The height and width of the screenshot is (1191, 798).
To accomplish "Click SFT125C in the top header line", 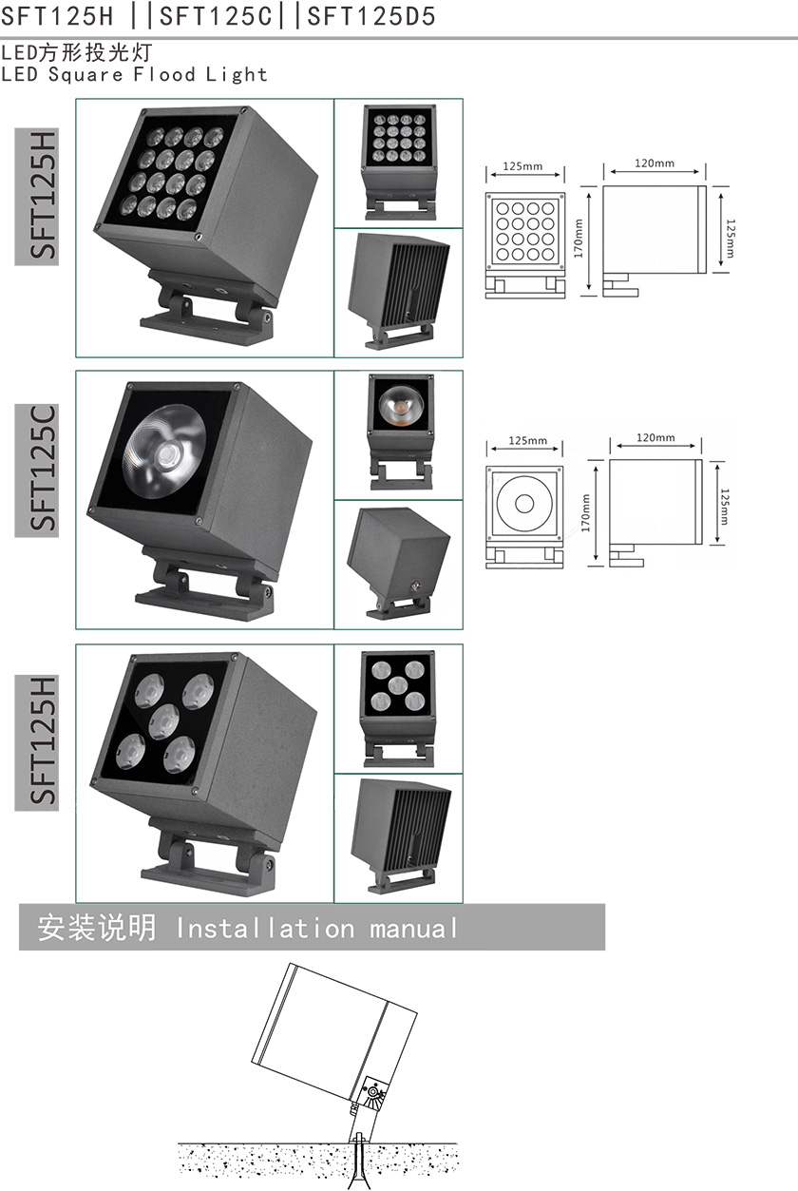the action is (216, 16).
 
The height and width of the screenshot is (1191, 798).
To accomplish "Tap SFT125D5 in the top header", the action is (370, 16).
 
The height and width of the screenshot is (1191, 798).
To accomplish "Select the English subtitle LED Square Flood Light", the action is (134, 74).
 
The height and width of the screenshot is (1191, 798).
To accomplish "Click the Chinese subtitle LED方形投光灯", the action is (77, 52).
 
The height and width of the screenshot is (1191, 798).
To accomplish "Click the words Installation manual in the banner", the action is (316, 929).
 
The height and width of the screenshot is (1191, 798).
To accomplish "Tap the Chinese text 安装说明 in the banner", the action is (97, 929).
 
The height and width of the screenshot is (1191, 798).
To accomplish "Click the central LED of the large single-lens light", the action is (168, 454).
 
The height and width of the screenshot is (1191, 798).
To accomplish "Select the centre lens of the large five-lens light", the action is (163, 722).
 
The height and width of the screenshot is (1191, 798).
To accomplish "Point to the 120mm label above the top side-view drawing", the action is (654, 163).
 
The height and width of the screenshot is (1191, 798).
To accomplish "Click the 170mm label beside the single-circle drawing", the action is (585, 513).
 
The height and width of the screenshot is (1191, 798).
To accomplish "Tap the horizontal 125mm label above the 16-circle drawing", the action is (522, 166).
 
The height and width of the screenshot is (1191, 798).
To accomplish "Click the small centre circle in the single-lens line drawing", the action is (524, 504).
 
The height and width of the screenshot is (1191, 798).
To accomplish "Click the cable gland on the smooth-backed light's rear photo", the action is (414, 586).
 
